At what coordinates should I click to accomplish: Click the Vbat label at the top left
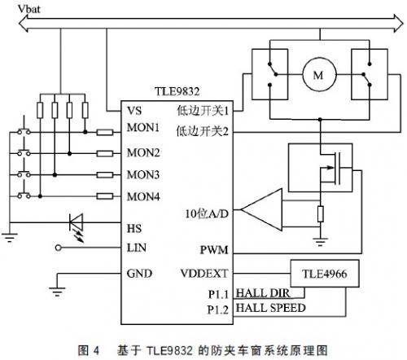[17, 7]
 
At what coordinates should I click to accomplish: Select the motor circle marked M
[313, 76]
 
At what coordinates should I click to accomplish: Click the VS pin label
[135, 109]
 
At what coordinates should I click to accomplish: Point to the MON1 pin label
[143, 130]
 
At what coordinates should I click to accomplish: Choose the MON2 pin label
[143, 152]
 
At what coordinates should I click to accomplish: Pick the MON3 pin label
[143, 173]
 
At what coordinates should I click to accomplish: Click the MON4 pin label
[143, 195]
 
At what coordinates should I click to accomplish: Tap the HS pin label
[135, 227]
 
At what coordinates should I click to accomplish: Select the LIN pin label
[137, 247]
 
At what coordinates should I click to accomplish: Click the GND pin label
[139, 273]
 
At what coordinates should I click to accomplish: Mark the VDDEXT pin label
[207, 274]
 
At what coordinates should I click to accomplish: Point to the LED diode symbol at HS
[77, 222]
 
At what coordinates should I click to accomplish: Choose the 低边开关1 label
[203, 109]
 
